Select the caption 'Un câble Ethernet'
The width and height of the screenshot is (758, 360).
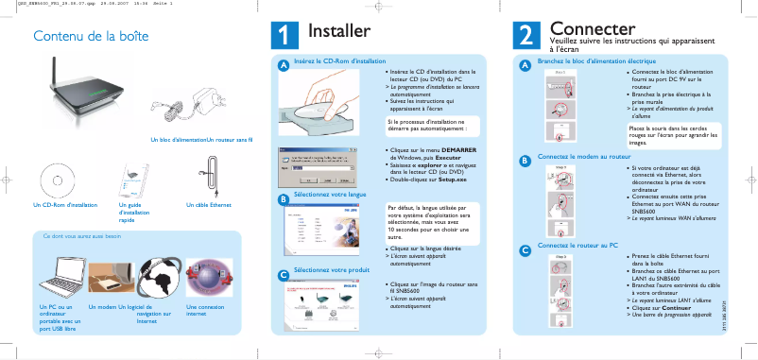pos(208,205)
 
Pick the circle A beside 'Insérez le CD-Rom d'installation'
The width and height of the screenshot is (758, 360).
pos(282,65)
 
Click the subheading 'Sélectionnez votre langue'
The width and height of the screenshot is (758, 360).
pos(330,194)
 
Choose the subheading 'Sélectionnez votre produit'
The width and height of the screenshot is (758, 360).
pos(331,270)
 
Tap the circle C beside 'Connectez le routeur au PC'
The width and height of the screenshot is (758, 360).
pos(525,250)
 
